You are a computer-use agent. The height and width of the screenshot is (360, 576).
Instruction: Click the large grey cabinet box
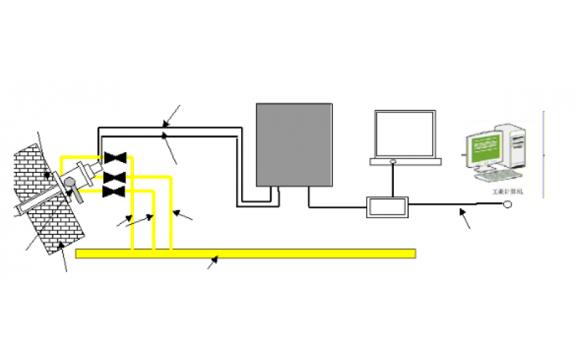[x=294, y=144]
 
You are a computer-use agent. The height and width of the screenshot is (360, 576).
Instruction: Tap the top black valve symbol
[x=114, y=158]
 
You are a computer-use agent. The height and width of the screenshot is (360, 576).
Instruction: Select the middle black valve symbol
[x=114, y=176]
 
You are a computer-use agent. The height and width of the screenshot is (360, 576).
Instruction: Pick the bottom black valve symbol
[x=114, y=191]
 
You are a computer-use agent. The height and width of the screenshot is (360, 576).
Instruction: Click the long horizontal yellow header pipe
[x=245, y=253]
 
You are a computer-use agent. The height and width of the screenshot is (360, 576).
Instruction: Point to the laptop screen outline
[x=405, y=135]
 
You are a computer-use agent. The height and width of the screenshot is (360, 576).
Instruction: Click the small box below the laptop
[x=387, y=207]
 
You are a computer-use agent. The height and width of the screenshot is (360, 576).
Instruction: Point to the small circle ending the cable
[x=508, y=205]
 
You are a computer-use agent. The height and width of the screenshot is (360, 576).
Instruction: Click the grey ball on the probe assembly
[x=72, y=184]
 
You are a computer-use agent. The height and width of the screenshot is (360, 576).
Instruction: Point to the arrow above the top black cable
[x=171, y=115]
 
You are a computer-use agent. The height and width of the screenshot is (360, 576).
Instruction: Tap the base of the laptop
[x=405, y=162]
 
